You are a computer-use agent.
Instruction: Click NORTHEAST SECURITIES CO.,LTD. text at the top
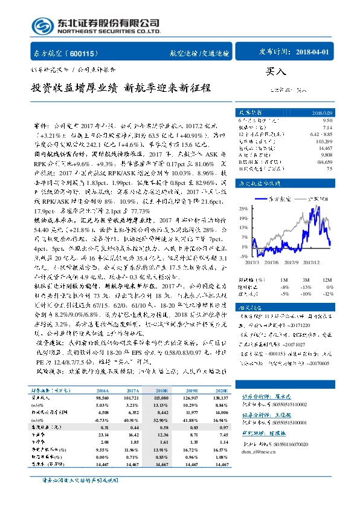(109, 31)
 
